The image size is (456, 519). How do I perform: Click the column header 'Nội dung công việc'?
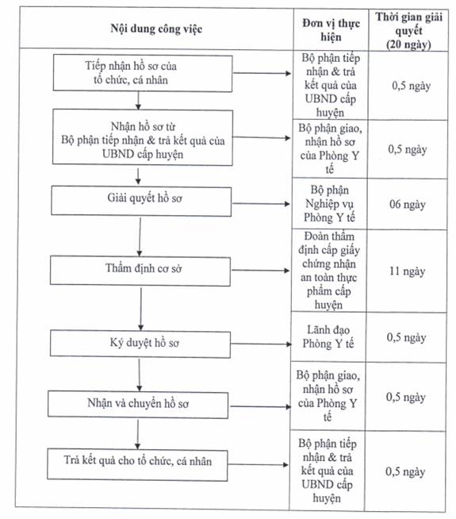[156, 29]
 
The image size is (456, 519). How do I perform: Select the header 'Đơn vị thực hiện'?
[331, 30]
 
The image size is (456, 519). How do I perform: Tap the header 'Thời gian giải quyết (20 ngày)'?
[408, 30]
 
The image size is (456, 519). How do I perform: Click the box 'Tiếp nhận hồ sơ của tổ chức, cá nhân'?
[143, 73]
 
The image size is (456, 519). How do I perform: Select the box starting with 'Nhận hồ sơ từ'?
[143, 137]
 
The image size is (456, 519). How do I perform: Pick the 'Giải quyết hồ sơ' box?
[141, 201]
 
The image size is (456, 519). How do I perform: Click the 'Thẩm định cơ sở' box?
[140, 271]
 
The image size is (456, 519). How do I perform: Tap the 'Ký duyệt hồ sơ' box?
[140, 344]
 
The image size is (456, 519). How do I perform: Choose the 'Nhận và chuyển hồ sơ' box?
[138, 405]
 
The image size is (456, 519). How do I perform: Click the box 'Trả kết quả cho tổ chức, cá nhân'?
[137, 464]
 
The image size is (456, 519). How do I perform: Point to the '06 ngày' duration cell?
[407, 204]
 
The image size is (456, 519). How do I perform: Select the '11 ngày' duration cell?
[407, 271]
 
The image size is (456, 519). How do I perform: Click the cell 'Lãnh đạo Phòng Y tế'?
[328, 337]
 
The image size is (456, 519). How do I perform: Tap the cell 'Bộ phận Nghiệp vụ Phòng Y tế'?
[329, 204]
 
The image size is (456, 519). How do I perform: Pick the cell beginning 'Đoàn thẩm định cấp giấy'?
[328, 270]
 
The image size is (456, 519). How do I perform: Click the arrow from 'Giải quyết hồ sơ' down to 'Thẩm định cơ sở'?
[140, 236]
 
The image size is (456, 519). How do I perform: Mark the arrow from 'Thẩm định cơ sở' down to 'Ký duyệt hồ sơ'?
[141, 309]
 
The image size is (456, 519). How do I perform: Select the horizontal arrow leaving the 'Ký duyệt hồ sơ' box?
[261, 344]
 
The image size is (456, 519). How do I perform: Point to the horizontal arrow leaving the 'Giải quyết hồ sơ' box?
[261, 204]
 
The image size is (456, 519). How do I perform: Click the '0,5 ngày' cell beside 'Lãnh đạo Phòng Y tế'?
[406, 337]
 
